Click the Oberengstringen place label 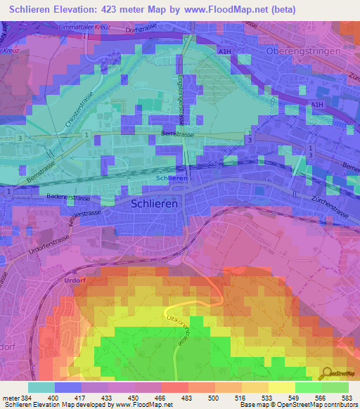[x=303, y=51]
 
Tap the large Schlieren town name [x=157, y=202]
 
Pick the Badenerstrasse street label [x=70, y=198]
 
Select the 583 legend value [x=348, y=398]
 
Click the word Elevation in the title [x=77, y=9]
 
